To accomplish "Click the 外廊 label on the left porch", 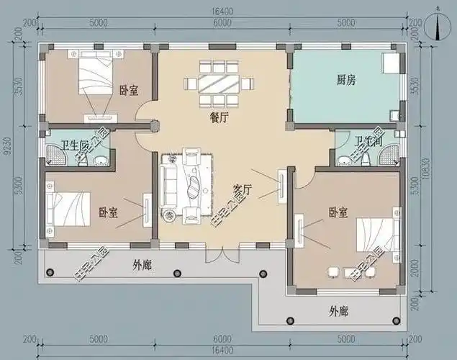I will (142, 265).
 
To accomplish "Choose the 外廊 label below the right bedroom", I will (338, 312).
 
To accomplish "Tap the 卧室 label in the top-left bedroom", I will (130, 91).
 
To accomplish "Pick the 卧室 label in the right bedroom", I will (338, 212).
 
